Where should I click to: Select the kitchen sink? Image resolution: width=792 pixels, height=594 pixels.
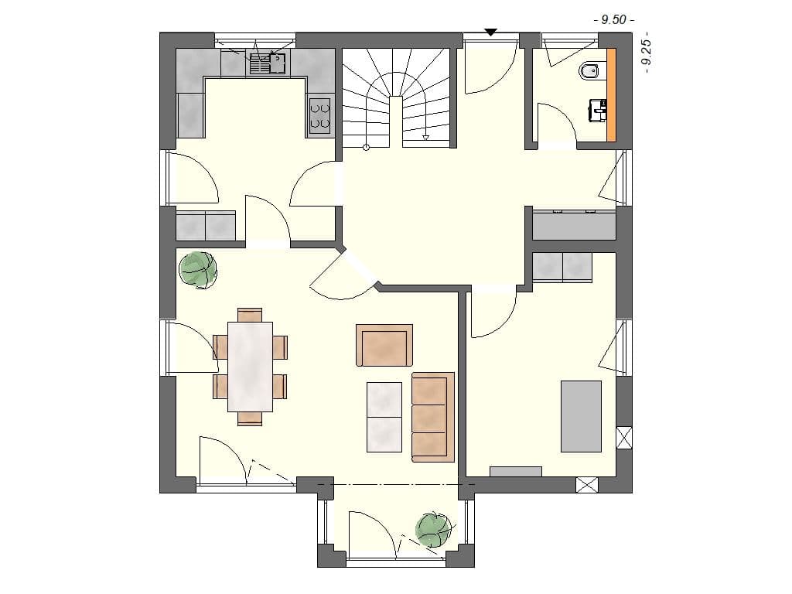267,62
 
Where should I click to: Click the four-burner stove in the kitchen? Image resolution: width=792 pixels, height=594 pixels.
320,114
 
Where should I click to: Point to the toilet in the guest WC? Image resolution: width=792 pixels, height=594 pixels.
589,72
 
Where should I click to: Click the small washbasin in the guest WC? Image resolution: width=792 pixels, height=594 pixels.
598,110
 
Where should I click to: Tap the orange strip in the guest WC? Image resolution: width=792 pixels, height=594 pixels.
612,94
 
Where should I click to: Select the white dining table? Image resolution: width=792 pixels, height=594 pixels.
250,366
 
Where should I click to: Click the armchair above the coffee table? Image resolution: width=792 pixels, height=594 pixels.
384,345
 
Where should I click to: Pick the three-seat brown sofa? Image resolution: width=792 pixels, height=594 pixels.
432,417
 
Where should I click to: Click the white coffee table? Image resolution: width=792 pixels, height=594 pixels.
384,417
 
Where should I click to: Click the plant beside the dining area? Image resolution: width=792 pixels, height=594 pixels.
198,269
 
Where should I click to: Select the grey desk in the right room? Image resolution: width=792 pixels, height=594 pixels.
581,415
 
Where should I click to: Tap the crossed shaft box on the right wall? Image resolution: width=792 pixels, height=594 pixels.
624,437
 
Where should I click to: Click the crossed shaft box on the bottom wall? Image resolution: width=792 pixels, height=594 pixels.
588,485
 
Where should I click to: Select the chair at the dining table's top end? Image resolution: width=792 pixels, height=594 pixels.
250,315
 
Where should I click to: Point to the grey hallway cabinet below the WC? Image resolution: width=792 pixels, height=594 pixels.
574,225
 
